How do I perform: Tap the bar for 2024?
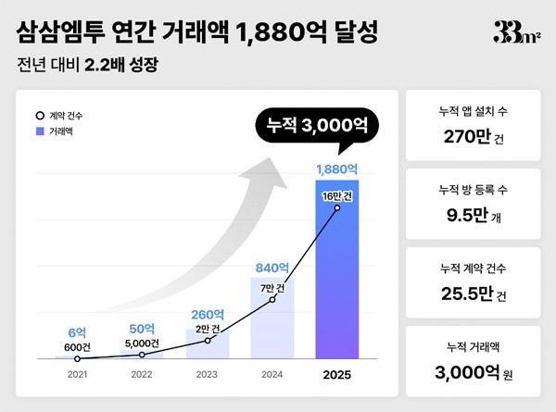coord(272,319)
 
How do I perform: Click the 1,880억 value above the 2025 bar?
coord(337,169)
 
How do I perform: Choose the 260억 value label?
coord(208,314)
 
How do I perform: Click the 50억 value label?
coord(143,329)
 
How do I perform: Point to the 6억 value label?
coord(77,332)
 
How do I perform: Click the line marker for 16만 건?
coord(337,207)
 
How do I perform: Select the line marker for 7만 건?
coord(272,300)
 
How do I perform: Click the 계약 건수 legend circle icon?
coord(39,116)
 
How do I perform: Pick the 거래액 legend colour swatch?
coord(39,132)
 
